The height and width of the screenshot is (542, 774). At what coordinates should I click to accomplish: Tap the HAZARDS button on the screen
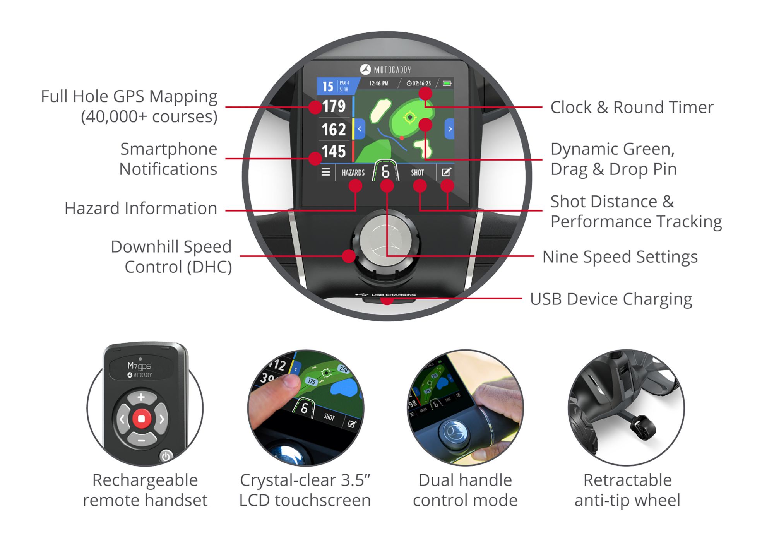[x=353, y=173]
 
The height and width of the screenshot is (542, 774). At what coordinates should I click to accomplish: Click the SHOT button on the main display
[x=417, y=173]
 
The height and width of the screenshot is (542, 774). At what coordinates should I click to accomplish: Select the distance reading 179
[x=334, y=106]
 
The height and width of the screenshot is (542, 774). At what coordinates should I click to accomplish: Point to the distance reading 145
[x=334, y=151]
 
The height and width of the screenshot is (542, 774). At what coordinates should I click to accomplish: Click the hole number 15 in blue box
[x=328, y=86]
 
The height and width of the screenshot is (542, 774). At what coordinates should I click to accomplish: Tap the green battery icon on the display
[x=447, y=83]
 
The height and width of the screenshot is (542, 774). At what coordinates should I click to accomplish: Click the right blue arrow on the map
[x=450, y=129]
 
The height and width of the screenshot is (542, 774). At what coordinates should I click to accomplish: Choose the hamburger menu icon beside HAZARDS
[x=326, y=172]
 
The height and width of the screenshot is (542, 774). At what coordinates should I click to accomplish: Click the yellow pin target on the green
[x=409, y=117]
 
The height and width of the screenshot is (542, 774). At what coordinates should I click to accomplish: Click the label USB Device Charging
[x=611, y=299]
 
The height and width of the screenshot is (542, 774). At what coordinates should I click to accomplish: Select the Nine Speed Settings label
[x=620, y=257]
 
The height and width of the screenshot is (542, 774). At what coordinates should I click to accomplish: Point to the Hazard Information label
[x=140, y=209]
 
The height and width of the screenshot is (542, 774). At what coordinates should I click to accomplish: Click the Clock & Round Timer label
[x=632, y=107]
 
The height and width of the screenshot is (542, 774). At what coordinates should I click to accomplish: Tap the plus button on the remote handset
[x=141, y=397]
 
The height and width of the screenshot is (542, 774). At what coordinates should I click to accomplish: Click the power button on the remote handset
[x=166, y=456]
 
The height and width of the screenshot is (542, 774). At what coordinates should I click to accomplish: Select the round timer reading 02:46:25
[x=419, y=83]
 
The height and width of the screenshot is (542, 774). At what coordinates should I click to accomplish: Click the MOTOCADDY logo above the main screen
[x=385, y=70]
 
